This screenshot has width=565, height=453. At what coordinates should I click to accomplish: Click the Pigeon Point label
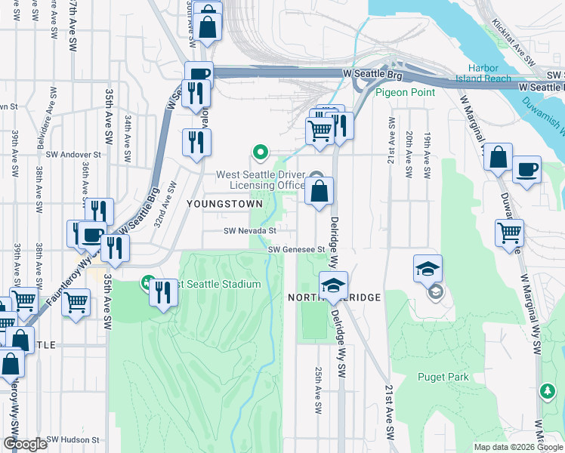point(406,92)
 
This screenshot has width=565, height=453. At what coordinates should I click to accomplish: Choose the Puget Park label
point(443,377)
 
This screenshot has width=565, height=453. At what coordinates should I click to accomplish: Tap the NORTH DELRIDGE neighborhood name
point(334,298)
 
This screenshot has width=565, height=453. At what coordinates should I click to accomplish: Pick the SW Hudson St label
point(73,439)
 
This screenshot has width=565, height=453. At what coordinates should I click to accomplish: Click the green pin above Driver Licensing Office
point(261,153)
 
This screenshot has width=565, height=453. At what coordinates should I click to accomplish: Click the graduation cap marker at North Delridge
point(332,285)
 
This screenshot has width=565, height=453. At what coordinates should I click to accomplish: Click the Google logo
point(24,444)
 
